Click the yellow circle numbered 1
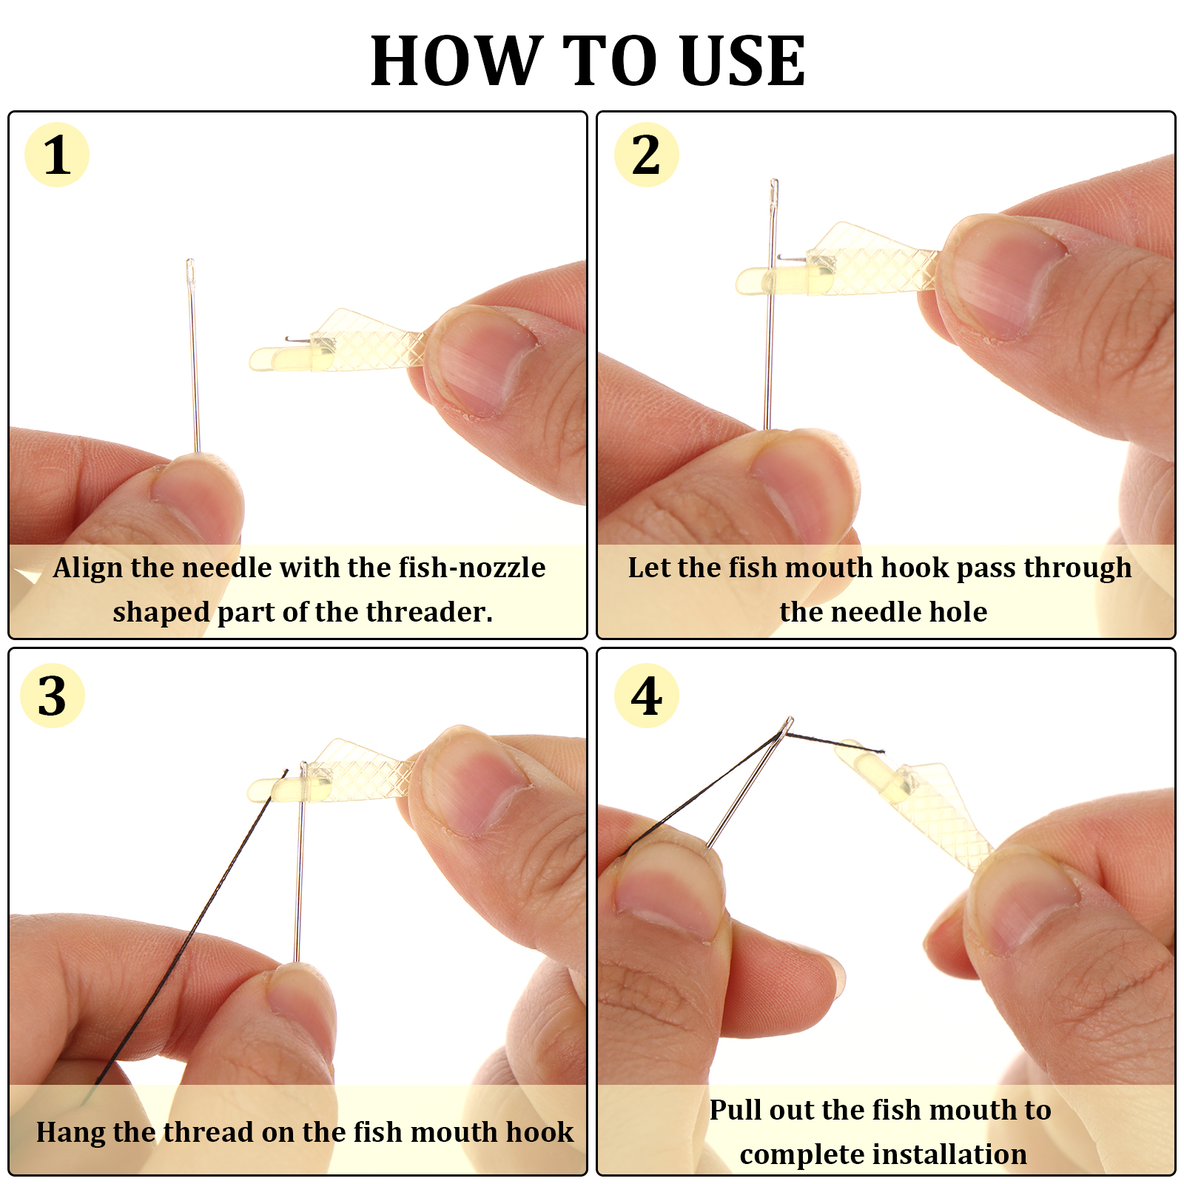[x=57, y=155]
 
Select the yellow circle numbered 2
[x=646, y=155]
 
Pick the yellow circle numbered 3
[x=53, y=696]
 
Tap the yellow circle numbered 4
[x=646, y=696]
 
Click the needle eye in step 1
[x=190, y=271]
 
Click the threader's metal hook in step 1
[x=297, y=340]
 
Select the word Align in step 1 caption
[x=89, y=568]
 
